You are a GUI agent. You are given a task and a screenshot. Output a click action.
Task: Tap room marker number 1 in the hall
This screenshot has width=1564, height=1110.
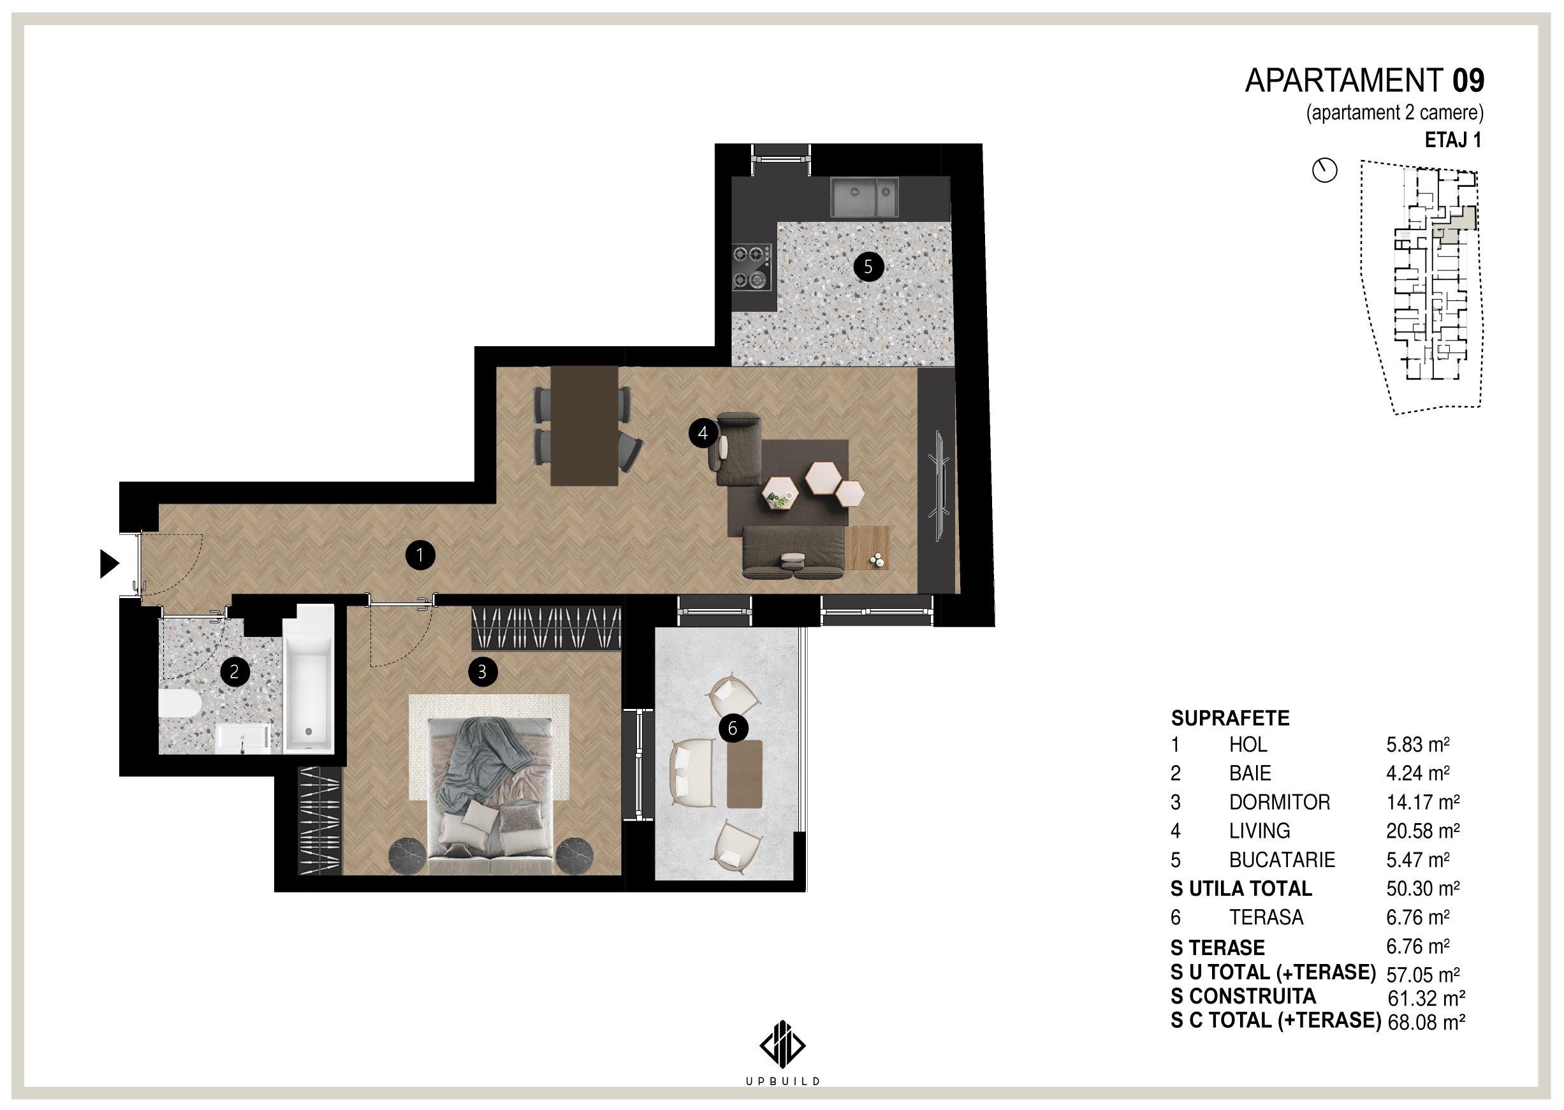[x=420, y=555]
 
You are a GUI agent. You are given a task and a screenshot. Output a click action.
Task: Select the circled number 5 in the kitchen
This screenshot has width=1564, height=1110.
[x=868, y=267]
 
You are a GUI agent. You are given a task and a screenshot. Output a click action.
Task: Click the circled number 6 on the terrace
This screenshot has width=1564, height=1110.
[x=733, y=729]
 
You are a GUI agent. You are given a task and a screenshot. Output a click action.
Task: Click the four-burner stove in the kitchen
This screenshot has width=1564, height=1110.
[x=752, y=267]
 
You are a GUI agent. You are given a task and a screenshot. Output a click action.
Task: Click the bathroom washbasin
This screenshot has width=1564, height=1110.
[x=244, y=740]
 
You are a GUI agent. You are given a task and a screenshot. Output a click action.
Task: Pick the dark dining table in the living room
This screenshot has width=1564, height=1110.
[x=585, y=426]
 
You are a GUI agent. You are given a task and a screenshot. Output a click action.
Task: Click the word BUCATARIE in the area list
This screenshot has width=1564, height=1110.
[x=1282, y=859]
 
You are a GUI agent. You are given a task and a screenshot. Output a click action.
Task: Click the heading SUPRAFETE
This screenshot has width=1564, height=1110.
[x=1231, y=719]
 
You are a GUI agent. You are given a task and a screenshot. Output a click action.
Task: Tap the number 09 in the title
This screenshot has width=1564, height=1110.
[x=1468, y=82]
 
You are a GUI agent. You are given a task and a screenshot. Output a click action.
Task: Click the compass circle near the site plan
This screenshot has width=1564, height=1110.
[x=1325, y=171]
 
